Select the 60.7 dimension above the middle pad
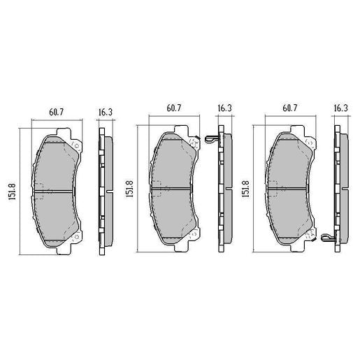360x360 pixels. point(174,108)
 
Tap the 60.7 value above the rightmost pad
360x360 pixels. point(291,108)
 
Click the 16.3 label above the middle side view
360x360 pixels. point(224,108)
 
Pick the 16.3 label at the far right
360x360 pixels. point(340,108)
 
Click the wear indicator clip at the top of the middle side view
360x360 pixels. point(213,139)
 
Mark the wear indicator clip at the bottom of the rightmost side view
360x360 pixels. point(329,240)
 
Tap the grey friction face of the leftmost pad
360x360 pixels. point(56,168)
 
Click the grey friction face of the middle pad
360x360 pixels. point(174,168)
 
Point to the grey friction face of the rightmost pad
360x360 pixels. point(291,168)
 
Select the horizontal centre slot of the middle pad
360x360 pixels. point(174,189)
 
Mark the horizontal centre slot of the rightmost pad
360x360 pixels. point(291,189)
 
